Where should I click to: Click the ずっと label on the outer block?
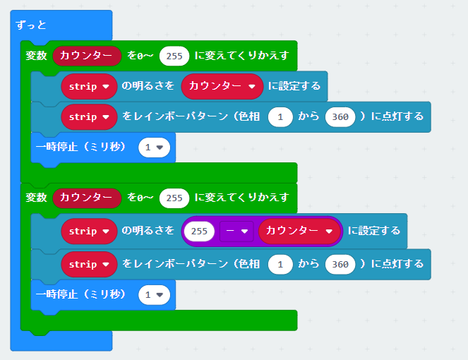31,25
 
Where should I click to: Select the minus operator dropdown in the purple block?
236,231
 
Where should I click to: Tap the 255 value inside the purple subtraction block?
199,231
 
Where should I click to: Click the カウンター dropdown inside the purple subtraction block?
299,231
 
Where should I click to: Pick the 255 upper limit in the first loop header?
174,56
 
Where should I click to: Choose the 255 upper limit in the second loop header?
174,198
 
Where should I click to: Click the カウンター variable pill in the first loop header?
87,56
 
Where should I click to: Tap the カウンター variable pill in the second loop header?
87,198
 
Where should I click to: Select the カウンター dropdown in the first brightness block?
222,86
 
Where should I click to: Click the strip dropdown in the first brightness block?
89,86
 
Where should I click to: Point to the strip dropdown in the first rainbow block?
89,116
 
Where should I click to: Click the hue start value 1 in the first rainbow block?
280,116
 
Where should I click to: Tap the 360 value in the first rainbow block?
340,116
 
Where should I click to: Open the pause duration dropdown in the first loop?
154,147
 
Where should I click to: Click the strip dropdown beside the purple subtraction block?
89,231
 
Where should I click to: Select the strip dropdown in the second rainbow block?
89,264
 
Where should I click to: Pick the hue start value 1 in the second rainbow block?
280,264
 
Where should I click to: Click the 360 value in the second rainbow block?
340,264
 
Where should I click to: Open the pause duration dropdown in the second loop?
154,294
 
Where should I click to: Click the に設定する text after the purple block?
374,231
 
